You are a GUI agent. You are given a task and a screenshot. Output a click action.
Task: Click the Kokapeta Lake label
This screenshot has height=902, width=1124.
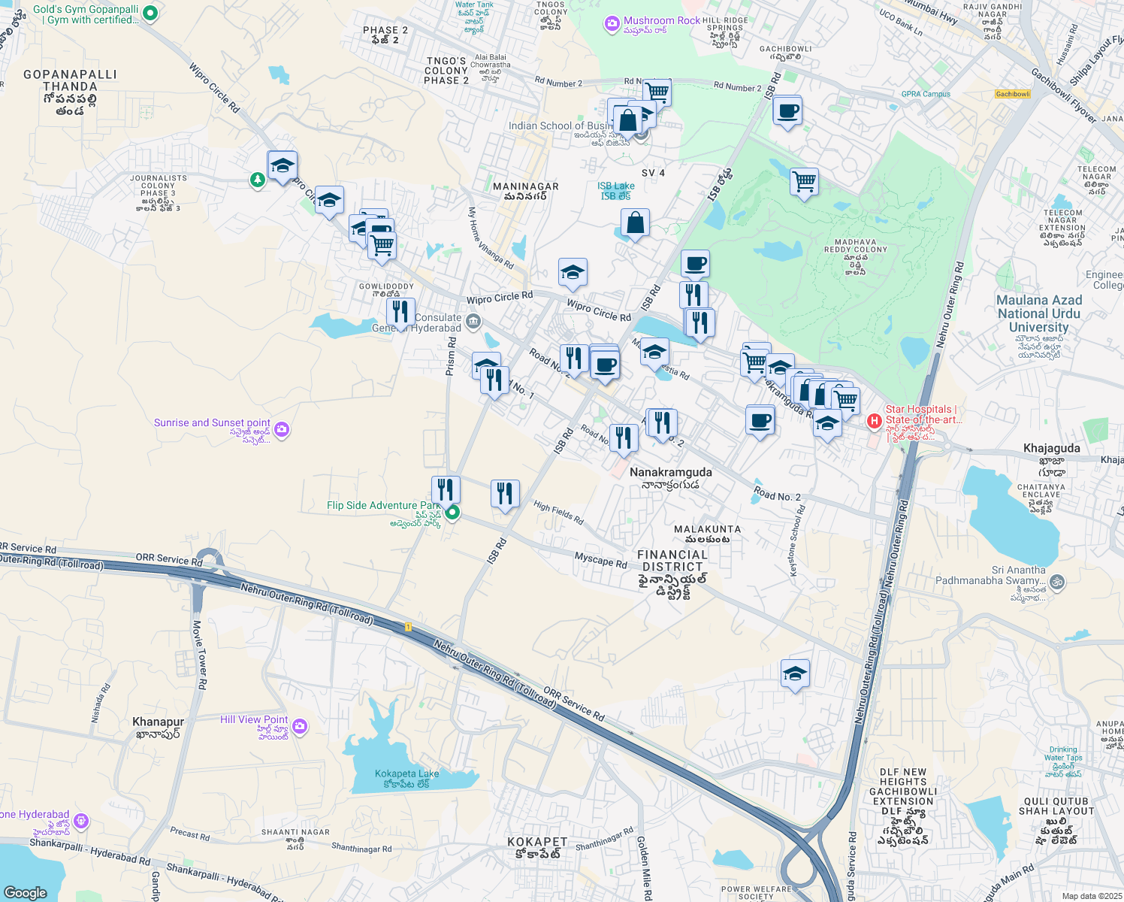(x=406, y=773)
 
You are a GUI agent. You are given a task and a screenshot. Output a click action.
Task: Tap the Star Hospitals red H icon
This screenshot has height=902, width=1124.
(x=874, y=421)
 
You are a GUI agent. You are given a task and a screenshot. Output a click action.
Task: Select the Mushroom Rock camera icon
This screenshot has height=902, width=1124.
(x=612, y=25)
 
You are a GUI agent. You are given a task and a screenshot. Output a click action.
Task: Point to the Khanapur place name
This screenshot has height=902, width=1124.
(x=158, y=722)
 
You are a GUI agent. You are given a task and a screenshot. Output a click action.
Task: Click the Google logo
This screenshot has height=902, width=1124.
(x=26, y=892)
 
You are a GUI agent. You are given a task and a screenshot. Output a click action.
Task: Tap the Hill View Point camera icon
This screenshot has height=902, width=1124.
(x=300, y=726)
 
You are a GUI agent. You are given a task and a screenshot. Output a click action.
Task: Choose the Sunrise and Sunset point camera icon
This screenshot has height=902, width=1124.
(x=282, y=430)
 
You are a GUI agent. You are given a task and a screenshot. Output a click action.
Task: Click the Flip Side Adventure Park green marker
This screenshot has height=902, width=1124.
(x=452, y=513)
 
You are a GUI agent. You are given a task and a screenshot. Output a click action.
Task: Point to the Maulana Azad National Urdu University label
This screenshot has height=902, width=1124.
(x=1038, y=313)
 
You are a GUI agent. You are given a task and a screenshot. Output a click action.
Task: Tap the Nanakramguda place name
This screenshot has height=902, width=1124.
(x=670, y=472)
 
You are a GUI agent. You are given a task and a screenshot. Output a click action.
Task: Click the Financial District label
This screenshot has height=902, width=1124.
(x=672, y=561)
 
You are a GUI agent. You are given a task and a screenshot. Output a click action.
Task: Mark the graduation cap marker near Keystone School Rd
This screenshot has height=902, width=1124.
(x=794, y=674)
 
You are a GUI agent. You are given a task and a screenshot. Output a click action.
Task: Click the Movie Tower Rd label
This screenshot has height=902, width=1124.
(x=200, y=654)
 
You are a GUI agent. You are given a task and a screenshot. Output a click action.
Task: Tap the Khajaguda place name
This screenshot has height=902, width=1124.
(x=1051, y=448)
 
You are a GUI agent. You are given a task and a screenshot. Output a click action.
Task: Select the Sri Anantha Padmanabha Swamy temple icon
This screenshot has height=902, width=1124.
(x=1056, y=581)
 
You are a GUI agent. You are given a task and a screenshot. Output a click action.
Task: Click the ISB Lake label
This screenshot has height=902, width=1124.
(x=615, y=186)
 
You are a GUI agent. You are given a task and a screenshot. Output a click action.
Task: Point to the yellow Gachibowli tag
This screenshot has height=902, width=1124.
(x=1012, y=94)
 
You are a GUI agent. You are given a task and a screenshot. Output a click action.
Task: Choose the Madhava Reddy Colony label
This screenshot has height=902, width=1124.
(x=855, y=250)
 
